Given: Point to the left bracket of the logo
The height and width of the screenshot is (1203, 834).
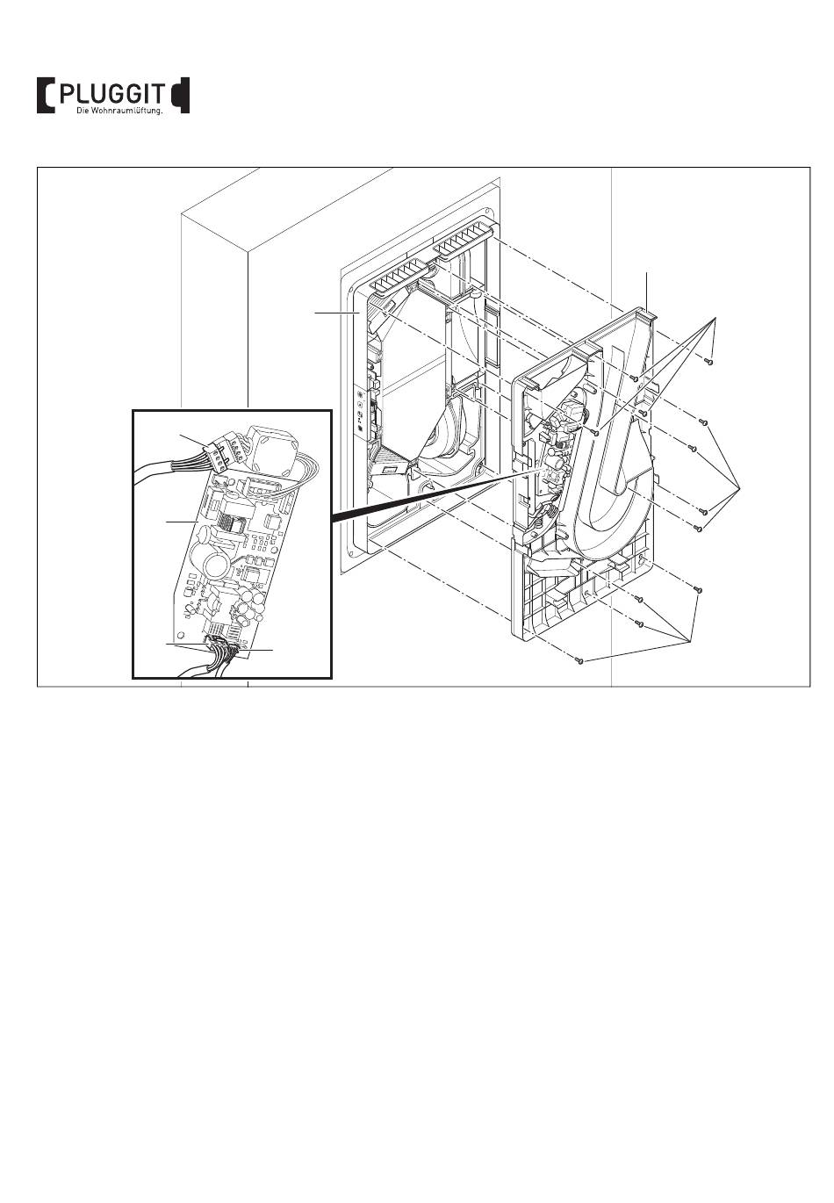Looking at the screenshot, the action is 46,95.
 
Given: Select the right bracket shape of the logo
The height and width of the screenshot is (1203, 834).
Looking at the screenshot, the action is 180,95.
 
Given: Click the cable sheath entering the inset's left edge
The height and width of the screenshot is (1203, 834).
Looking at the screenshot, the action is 155,465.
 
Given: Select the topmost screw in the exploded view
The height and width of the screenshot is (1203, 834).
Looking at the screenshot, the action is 708,361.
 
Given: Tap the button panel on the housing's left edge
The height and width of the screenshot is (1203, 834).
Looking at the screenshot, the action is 360,410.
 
